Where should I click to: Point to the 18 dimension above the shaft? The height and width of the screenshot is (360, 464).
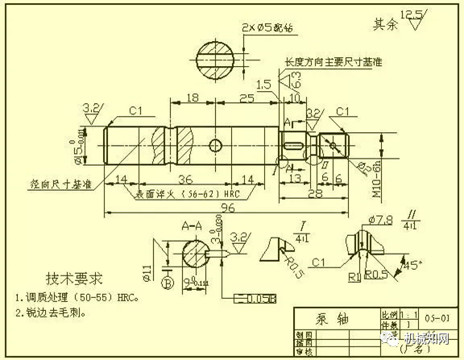(193, 97)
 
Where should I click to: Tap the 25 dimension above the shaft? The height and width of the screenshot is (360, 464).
(247, 97)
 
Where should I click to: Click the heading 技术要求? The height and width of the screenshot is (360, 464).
(74, 279)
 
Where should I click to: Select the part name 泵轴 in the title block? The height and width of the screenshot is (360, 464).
(324, 317)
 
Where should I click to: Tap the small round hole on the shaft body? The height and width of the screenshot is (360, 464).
(215, 145)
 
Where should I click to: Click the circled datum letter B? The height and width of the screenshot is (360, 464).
(166, 283)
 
